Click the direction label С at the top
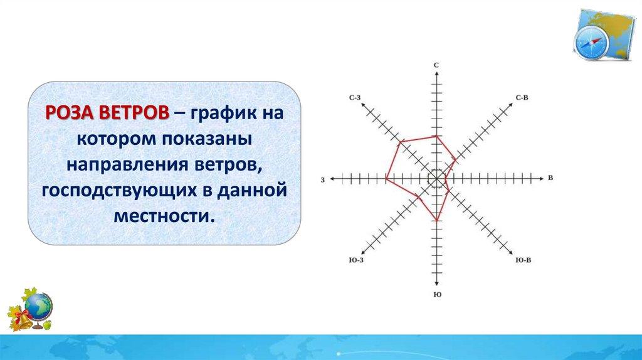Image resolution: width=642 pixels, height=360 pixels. coord(436,65)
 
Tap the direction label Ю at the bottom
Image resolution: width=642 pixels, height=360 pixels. coord(437,295)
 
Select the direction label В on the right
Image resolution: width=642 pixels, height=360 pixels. coord(550,177)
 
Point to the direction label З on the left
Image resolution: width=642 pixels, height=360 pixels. coord(323,180)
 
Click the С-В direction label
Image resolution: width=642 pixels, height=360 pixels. coord(522,97)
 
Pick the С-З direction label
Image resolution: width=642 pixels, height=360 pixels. coord(355,97)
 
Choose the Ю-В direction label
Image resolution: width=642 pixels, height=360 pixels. coord(524,260)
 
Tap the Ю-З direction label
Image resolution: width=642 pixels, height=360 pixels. coord(356,260)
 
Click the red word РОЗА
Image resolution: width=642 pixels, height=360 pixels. coord(70,112)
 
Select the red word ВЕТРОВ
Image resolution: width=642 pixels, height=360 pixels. coord(134,112)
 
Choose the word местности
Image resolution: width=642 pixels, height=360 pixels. coord(164,216)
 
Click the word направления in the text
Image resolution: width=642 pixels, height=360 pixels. coord(126,165)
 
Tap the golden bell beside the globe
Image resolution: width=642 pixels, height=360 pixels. coord(23,319)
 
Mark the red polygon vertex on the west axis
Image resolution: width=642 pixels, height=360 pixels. coord(386,178)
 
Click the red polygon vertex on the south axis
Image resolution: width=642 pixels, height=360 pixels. coord(437,220)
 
